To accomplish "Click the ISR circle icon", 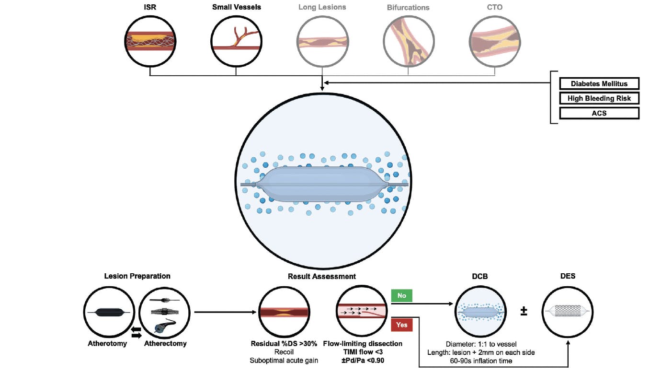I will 149,42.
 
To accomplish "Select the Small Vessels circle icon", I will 236,42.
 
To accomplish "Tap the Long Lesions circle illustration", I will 322,42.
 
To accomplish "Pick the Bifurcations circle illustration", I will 408,42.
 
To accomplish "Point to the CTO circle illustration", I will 494,42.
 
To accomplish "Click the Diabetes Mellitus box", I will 599,83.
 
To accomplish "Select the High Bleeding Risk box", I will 599,98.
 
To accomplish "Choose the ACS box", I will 599,113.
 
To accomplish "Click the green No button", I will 402,295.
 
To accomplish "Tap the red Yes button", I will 402,325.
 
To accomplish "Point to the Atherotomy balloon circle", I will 108,312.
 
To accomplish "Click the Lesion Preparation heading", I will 137,276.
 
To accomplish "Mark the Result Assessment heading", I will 321,276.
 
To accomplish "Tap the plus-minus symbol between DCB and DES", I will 524,312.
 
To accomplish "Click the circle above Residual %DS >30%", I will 284,312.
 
